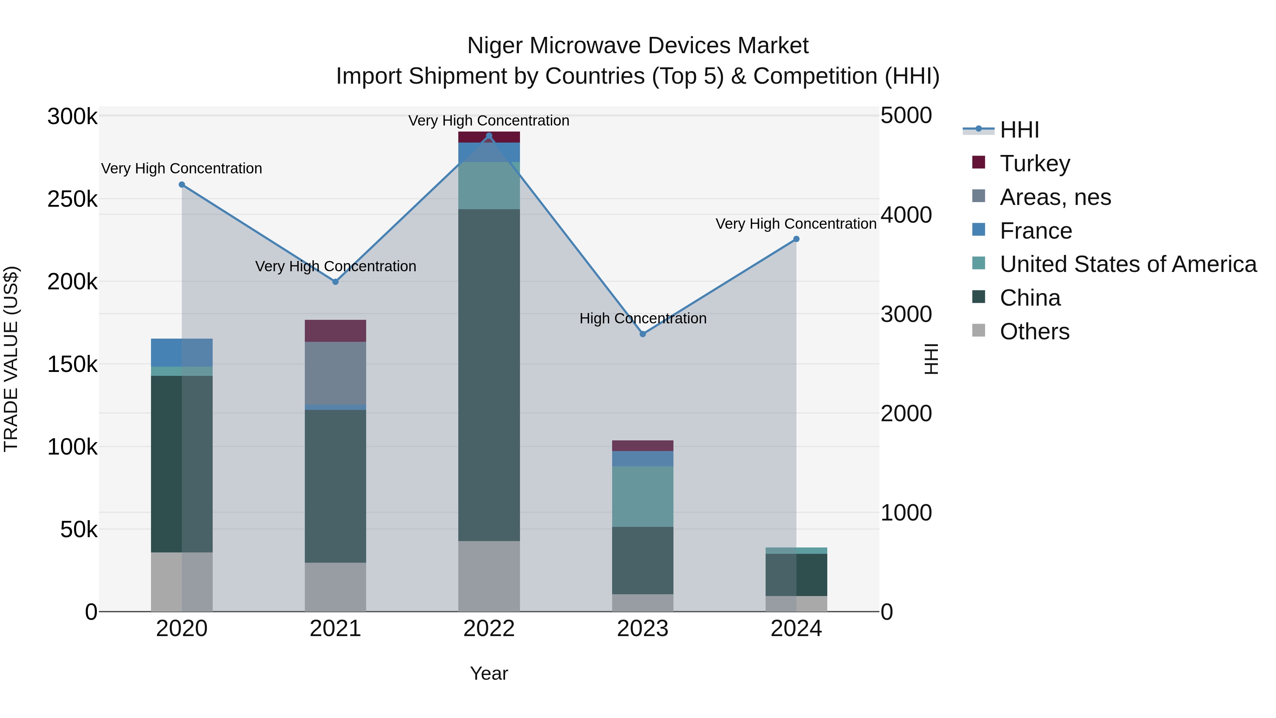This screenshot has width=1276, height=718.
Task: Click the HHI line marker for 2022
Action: pos(489,136)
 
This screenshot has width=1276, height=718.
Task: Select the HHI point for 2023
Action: pos(643,334)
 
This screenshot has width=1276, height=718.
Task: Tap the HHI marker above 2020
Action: pos(182,185)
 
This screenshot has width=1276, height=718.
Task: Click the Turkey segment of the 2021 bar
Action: pos(335,330)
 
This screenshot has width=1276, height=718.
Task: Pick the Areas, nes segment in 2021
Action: pos(335,373)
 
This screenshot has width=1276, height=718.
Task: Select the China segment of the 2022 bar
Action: pos(489,375)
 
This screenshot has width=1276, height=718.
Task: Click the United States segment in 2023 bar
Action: pos(643,496)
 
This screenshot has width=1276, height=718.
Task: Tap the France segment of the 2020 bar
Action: pos(182,352)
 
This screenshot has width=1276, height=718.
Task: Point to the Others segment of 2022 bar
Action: pos(489,576)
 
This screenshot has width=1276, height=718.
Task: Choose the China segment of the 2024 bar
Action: pos(796,574)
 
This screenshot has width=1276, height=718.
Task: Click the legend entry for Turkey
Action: pos(1035,163)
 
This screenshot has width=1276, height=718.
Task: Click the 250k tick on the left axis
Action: pos(72,199)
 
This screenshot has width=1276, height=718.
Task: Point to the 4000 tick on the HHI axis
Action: pos(906,215)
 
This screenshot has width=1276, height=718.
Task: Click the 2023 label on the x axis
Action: pos(643,629)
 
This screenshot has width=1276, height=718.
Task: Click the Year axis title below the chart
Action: pos(489,673)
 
